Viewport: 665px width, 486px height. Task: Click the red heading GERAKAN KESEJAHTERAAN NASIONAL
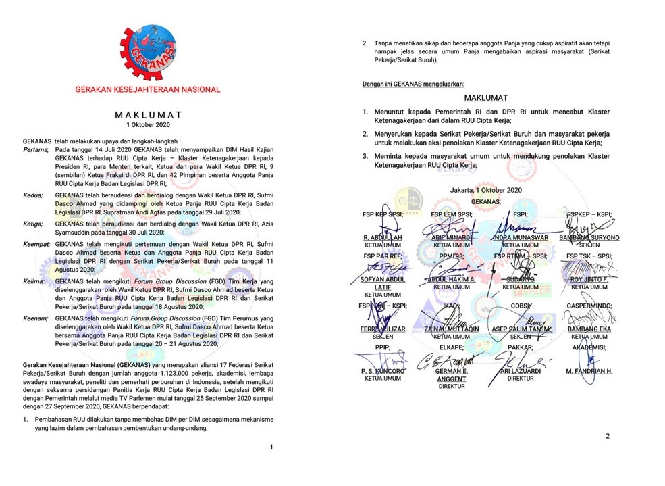pyautogui.click(x=148, y=89)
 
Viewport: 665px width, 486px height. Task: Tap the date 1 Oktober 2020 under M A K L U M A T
pyautogui.click(x=148, y=125)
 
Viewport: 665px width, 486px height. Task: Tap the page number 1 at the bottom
pyautogui.click(x=271, y=447)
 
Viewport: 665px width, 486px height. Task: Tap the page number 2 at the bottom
pyautogui.click(x=607, y=436)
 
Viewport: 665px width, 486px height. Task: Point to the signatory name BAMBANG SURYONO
pyautogui.click(x=589, y=239)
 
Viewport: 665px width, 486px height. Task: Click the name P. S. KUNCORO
pyautogui.click(x=383, y=371)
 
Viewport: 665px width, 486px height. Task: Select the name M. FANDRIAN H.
pyautogui.click(x=589, y=371)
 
